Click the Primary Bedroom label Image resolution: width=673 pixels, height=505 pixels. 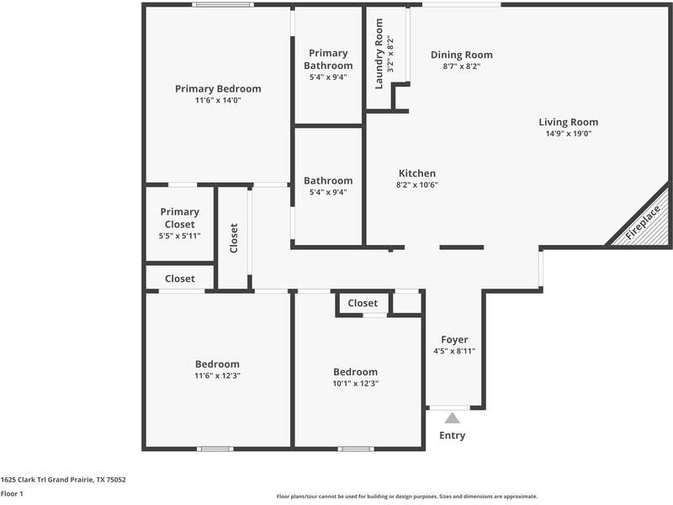pyautogui.click(x=218, y=88)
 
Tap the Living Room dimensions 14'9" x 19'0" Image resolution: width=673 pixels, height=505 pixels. pyautogui.click(x=568, y=134)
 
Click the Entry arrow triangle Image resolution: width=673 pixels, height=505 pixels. pyautogui.click(x=453, y=417)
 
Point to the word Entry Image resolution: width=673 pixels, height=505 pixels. pyautogui.click(x=452, y=435)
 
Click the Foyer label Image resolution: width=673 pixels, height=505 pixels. pyautogui.click(x=454, y=340)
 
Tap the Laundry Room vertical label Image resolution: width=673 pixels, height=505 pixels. pyautogui.click(x=379, y=54)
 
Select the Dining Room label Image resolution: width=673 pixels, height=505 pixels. pyautogui.click(x=462, y=55)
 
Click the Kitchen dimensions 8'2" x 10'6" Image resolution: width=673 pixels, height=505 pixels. pyautogui.click(x=417, y=185)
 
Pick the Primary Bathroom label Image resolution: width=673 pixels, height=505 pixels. pyautogui.click(x=328, y=59)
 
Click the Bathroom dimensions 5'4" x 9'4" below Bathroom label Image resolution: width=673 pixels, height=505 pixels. pyautogui.click(x=328, y=192)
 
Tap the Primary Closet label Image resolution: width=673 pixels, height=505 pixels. pyautogui.click(x=179, y=218)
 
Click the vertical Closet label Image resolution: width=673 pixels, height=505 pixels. pyautogui.click(x=234, y=238)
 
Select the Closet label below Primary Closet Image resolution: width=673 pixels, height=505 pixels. pyautogui.click(x=179, y=279)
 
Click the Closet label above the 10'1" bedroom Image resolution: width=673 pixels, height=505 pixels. pyautogui.click(x=363, y=303)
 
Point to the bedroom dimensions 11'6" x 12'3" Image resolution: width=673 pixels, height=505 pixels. pyautogui.click(x=218, y=376)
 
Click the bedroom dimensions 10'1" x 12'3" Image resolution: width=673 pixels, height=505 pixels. pyautogui.click(x=355, y=383)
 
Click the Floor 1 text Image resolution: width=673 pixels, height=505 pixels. pyautogui.click(x=12, y=494)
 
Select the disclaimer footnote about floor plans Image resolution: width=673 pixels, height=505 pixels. pyautogui.click(x=407, y=497)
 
